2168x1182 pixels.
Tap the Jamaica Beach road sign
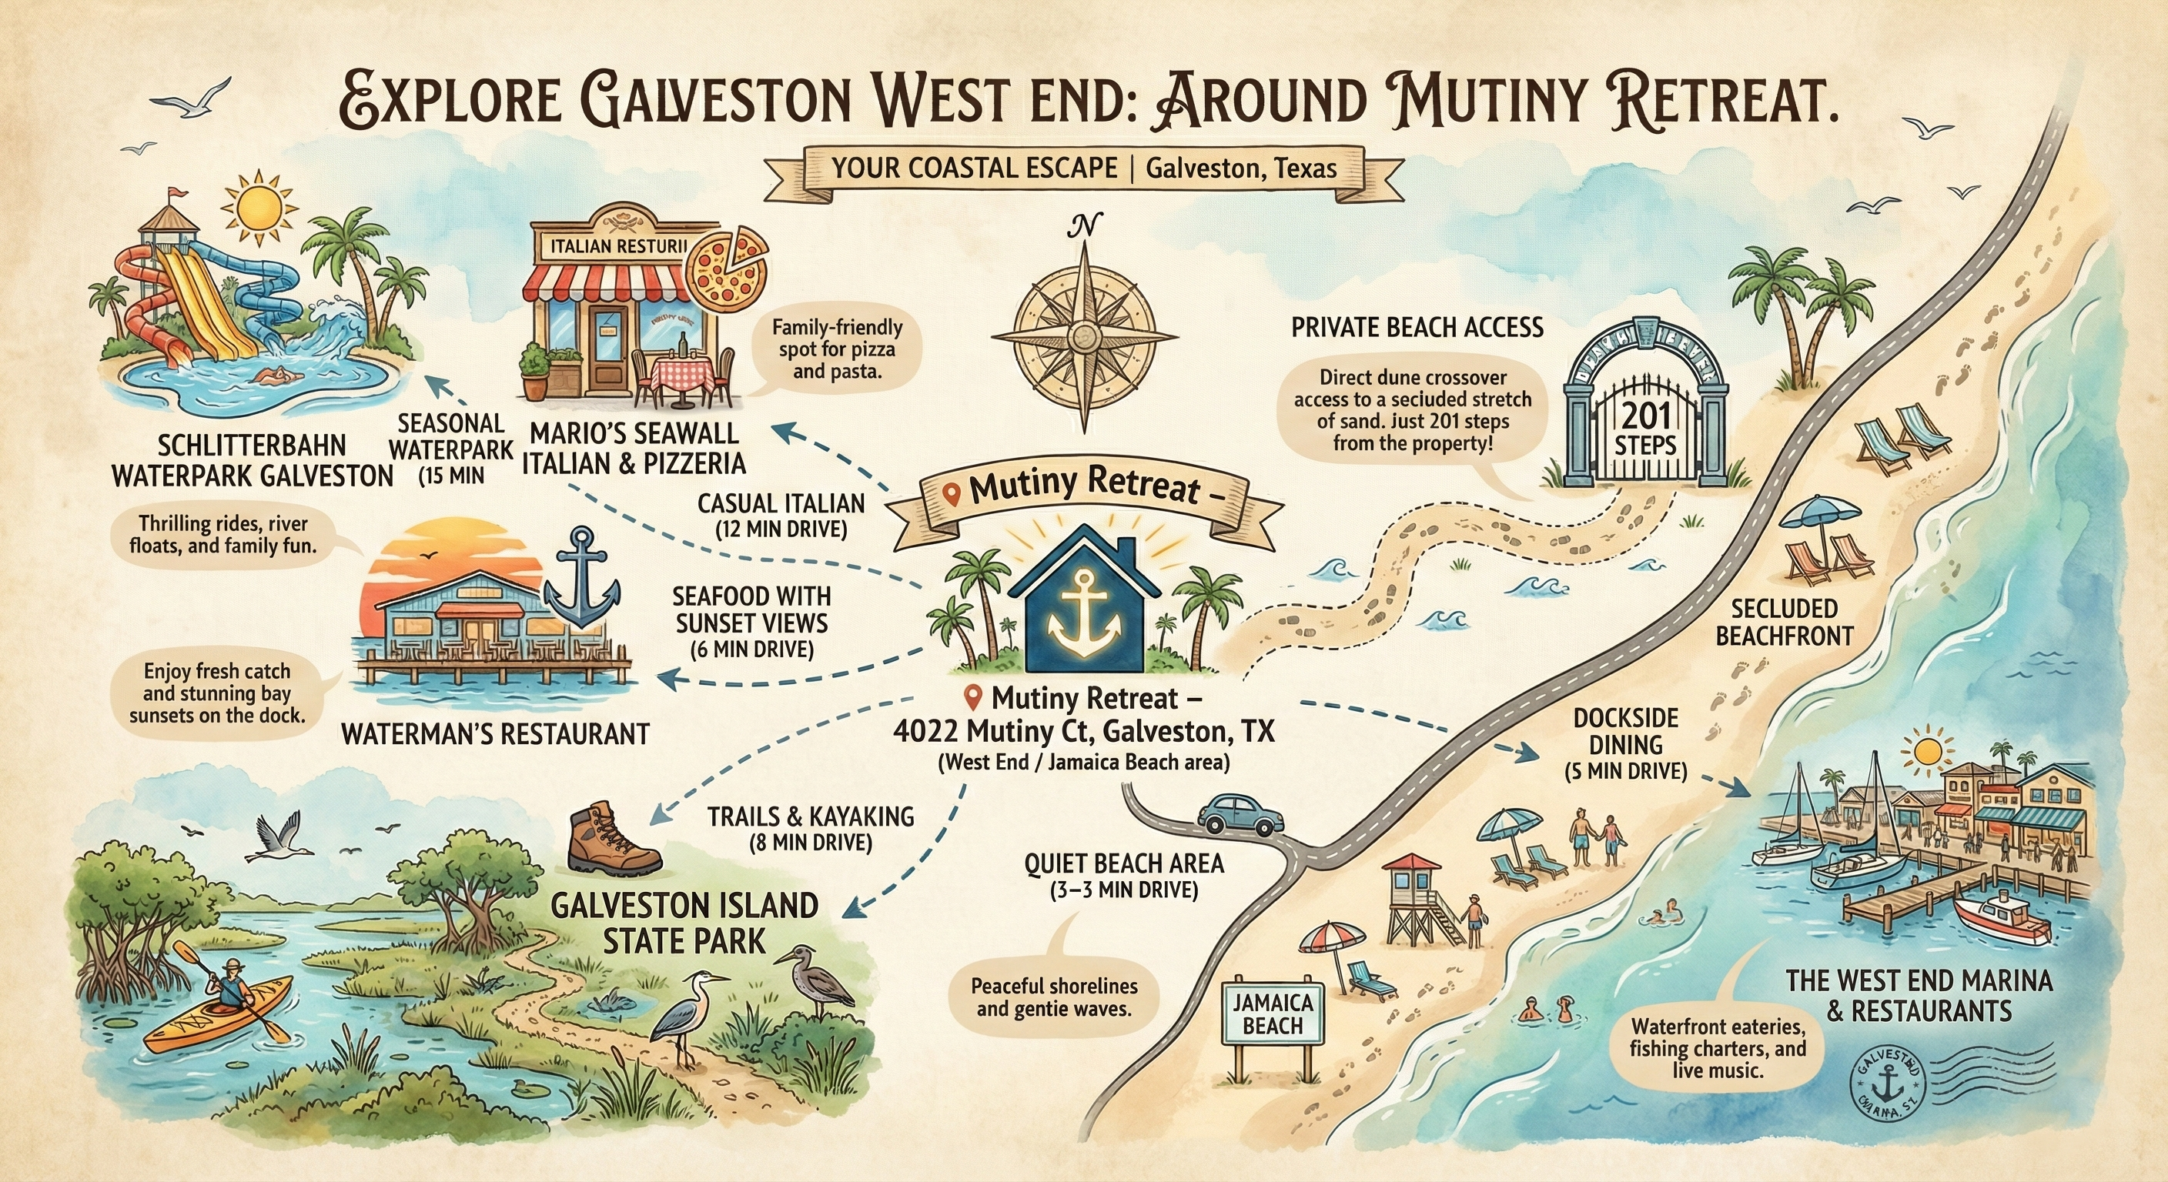coord(1272,1014)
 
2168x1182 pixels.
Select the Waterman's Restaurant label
coord(495,733)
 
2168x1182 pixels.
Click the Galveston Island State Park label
coord(684,923)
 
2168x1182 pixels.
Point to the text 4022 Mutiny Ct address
coord(1083,732)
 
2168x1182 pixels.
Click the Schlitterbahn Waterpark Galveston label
coord(252,461)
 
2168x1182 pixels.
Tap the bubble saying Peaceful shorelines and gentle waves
coord(1053,996)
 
